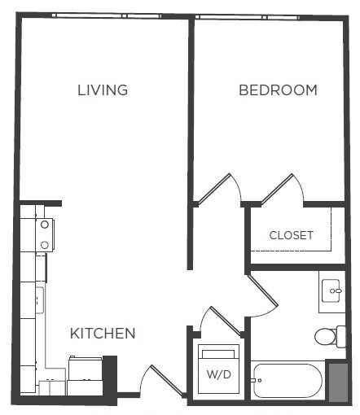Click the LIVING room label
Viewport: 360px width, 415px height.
point(103,90)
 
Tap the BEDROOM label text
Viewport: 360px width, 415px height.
point(278,90)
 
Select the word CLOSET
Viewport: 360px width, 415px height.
point(292,235)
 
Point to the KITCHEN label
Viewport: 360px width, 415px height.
point(102,333)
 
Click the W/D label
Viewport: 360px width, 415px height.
point(217,375)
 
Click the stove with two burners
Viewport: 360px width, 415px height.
point(43,234)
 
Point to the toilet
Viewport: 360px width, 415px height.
point(329,335)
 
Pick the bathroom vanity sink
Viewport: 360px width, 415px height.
point(332,289)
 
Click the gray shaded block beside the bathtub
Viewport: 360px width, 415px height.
point(336,379)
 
